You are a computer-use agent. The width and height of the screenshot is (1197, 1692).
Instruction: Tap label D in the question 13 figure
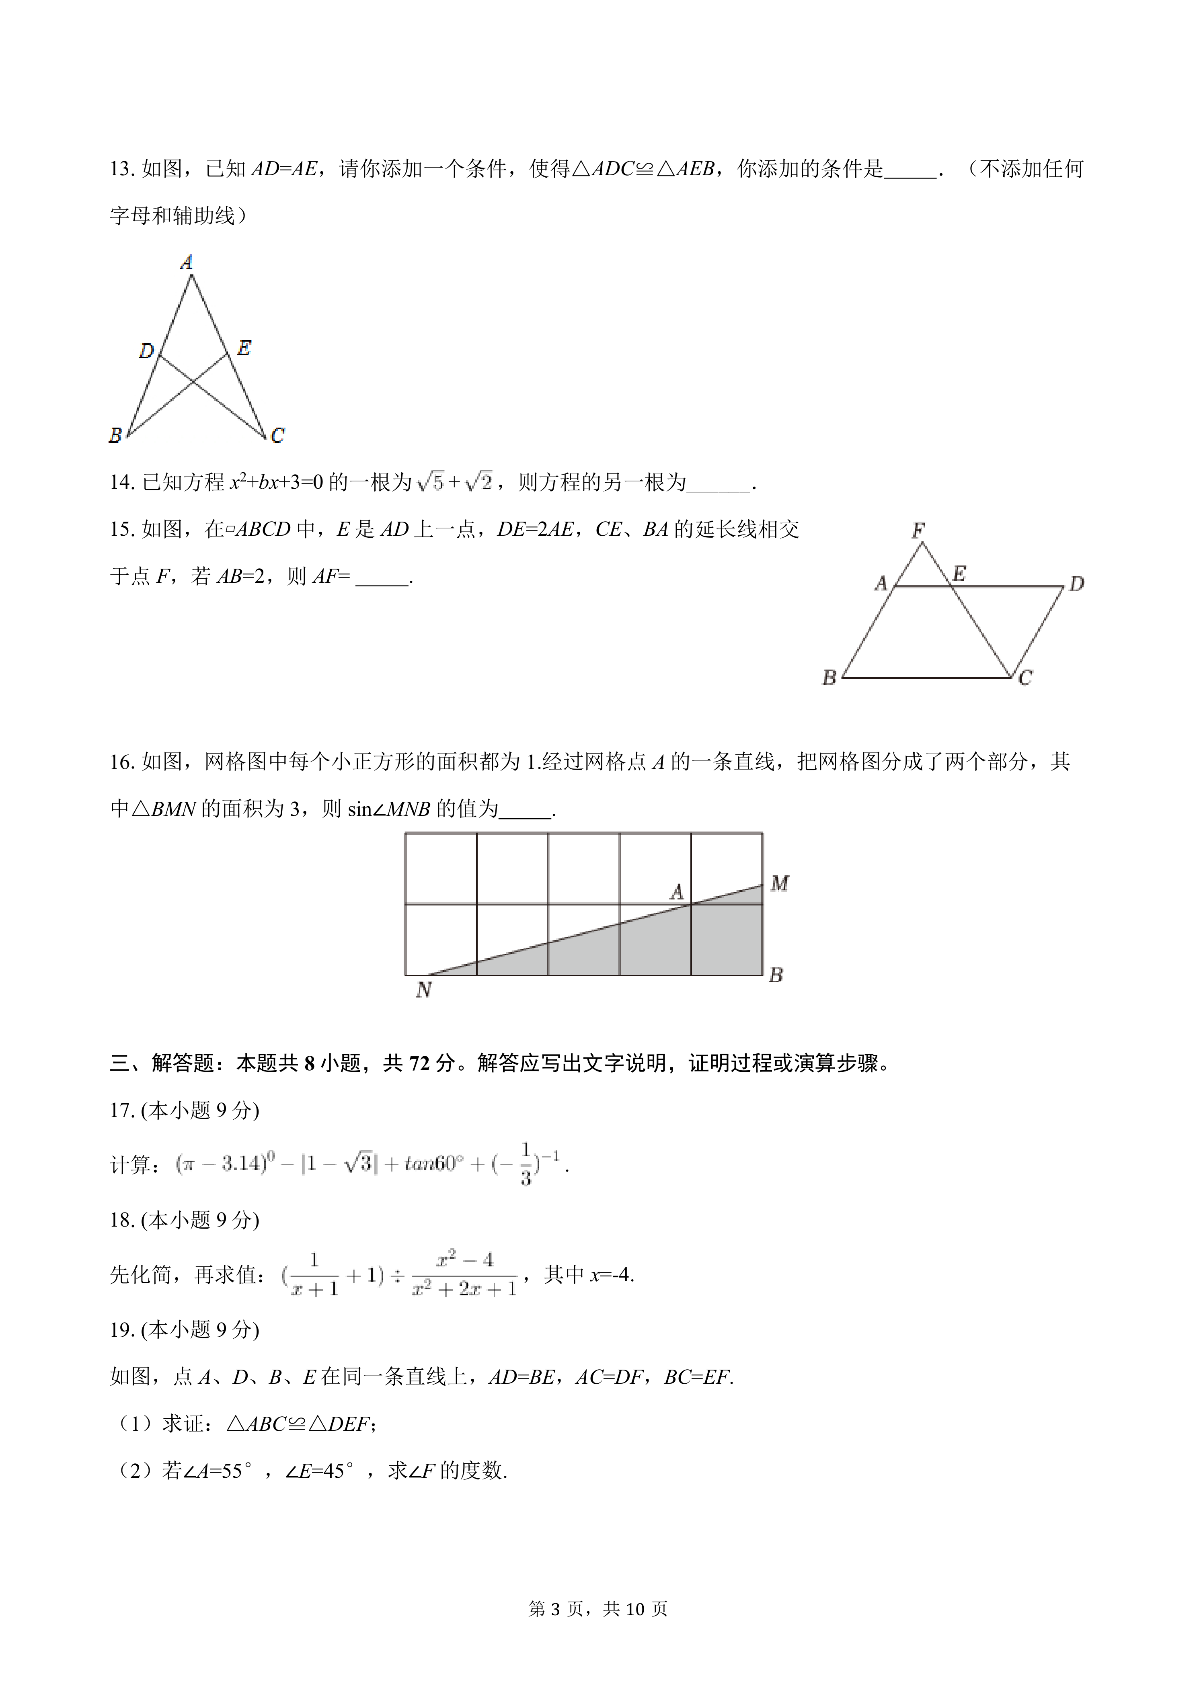[146, 351]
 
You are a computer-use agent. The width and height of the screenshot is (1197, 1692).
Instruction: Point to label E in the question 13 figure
[244, 348]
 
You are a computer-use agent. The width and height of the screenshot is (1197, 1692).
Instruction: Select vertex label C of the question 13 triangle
[277, 436]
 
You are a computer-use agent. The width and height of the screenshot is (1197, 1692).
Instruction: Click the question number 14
[121, 483]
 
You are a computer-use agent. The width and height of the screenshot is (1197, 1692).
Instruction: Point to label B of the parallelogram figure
[829, 677]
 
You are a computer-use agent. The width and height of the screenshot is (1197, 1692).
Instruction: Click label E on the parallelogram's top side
[959, 574]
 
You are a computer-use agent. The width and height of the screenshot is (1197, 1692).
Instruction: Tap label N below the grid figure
[423, 990]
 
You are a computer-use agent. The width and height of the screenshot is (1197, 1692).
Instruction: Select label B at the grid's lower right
[775, 975]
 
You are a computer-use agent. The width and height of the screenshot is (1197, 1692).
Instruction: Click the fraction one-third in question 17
[526, 1164]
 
